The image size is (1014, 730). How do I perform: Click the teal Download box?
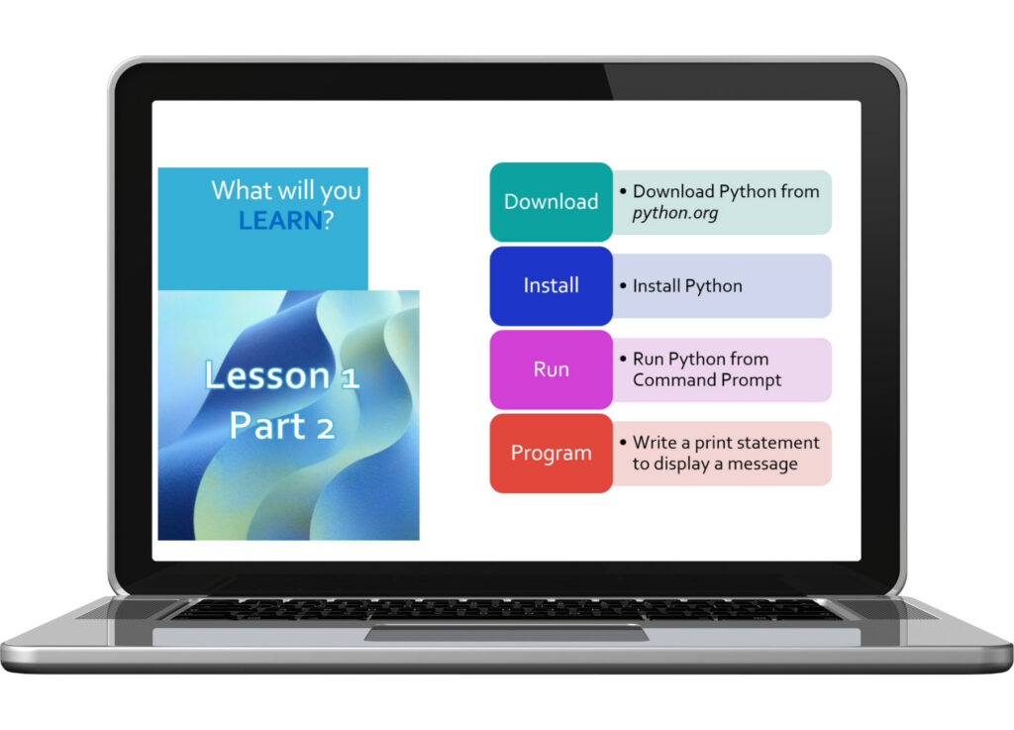coord(551,202)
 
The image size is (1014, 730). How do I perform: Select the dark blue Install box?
coord(551,286)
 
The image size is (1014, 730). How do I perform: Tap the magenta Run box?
coord(551,369)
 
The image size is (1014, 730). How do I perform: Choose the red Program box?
coord(551,454)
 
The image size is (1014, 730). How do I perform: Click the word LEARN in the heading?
coord(280,219)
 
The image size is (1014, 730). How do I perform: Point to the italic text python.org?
coord(675,213)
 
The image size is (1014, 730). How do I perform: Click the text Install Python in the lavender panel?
coord(687,286)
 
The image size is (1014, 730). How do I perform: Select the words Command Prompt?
coord(707,380)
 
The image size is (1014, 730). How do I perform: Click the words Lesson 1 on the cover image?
coord(282,376)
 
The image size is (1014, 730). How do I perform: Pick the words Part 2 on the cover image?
coord(282,426)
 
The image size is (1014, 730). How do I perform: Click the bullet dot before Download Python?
coord(623,191)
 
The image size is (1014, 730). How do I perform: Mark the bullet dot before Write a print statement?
coord(623,443)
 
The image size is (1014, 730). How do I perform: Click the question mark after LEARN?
coord(329,219)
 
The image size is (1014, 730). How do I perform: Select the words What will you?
coord(286,190)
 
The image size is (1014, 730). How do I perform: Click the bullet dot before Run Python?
coord(623,360)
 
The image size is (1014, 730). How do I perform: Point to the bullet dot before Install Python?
coord(623,286)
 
